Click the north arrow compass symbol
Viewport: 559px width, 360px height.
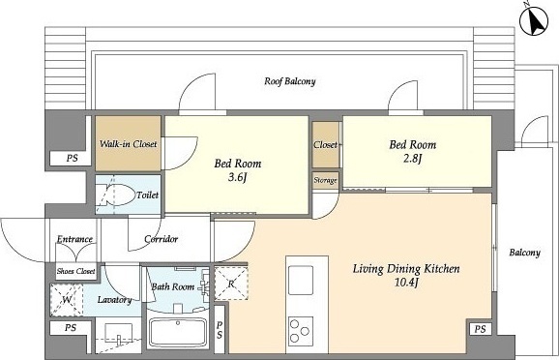[x=534, y=21]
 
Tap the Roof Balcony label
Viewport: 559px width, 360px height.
[x=290, y=81]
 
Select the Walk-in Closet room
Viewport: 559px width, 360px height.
[x=128, y=143]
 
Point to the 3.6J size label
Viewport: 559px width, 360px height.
[x=238, y=177]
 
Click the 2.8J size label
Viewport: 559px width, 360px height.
[x=412, y=158]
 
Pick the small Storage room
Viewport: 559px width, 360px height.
[x=325, y=181]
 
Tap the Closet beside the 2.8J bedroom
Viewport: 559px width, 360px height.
[x=326, y=144]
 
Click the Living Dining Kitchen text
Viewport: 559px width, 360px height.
[x=406, y=269]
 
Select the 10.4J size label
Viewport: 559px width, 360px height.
[x=406, y=283]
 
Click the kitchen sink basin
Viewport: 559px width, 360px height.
[x=301, y=280]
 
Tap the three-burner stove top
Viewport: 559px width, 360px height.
[x=301, y=331]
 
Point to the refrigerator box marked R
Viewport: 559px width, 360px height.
[x=231, y=283]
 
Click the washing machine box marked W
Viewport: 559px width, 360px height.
[x=67, y=300]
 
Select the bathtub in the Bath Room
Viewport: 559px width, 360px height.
[x=178, y=333]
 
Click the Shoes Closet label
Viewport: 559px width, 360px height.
[x=76, y=271]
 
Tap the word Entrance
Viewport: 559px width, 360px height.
[x=74, y=239]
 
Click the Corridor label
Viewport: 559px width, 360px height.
[x=162, y=239]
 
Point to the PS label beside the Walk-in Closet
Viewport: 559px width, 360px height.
[x=72, y=158]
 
